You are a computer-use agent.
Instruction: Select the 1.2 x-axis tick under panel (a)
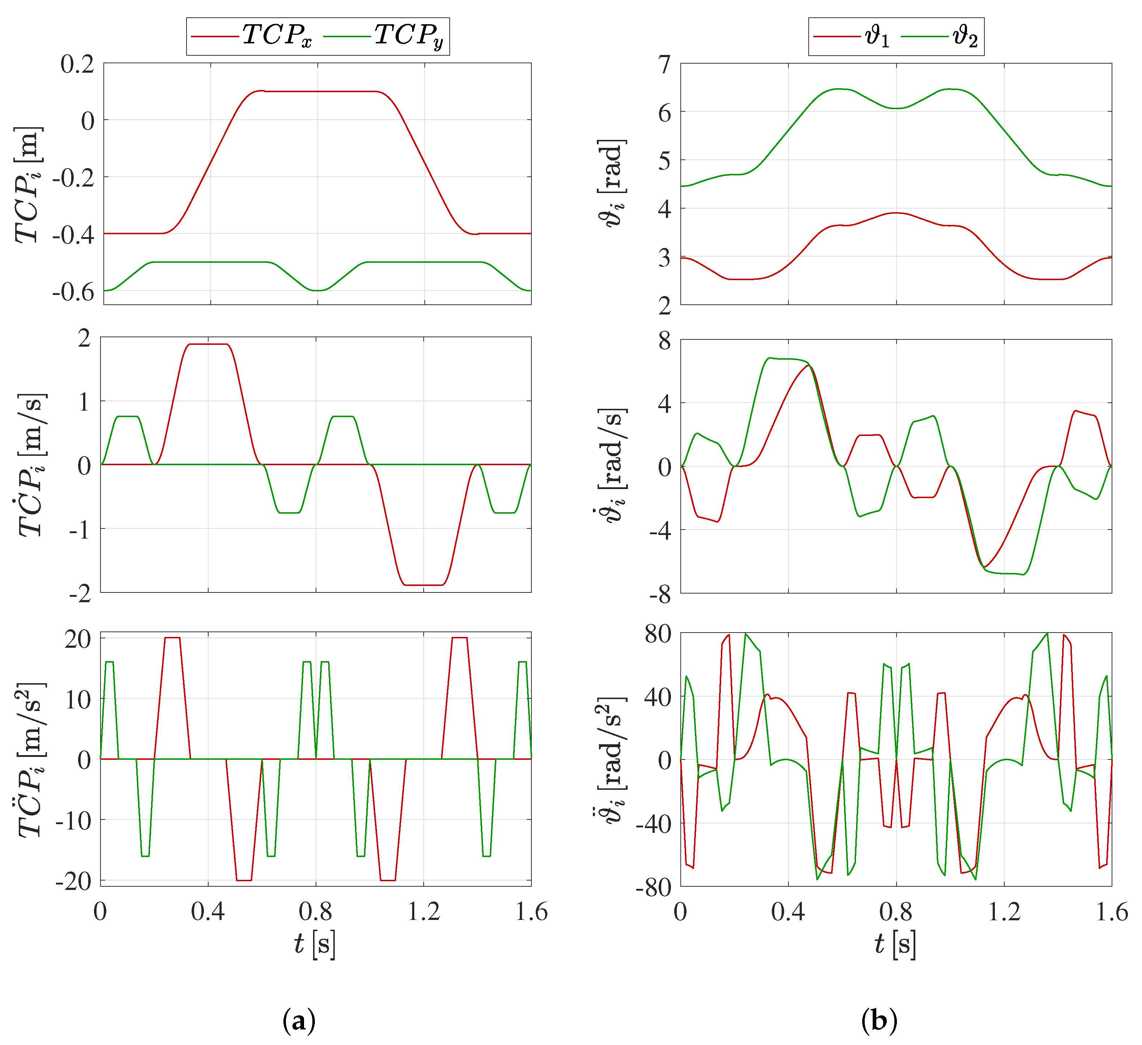click(424, 912)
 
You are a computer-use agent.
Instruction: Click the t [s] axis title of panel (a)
click(315, 944)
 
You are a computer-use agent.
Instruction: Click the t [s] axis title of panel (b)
click(895, 944)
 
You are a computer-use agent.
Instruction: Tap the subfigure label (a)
click(299, 1021)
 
